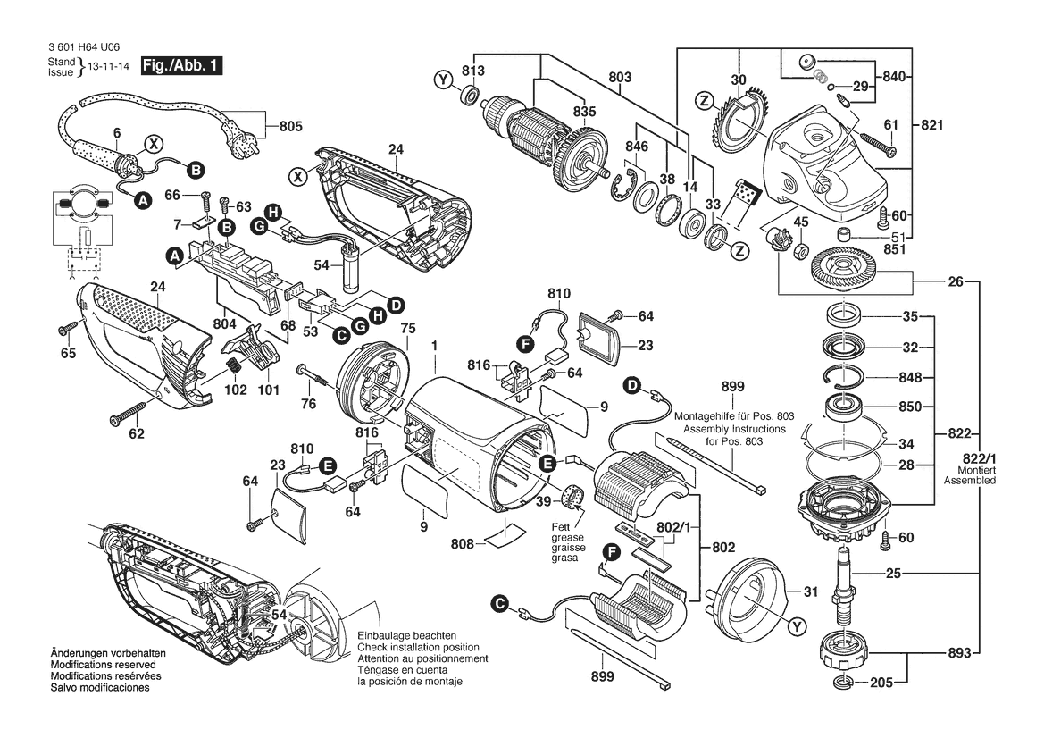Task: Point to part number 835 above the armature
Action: pyautogui.click(x=584, y=112)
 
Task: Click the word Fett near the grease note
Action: pyautogui.click(x=562, y=527)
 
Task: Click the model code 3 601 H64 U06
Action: pyautogui.click(x=82, y=49)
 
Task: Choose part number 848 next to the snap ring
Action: pyautogui.click(x=911, y=376)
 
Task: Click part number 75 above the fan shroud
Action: pyautogui.click(x=407, y=328)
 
